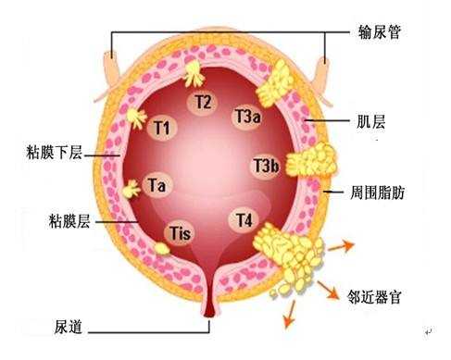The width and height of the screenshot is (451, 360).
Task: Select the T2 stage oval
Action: [x=204, y=101]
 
